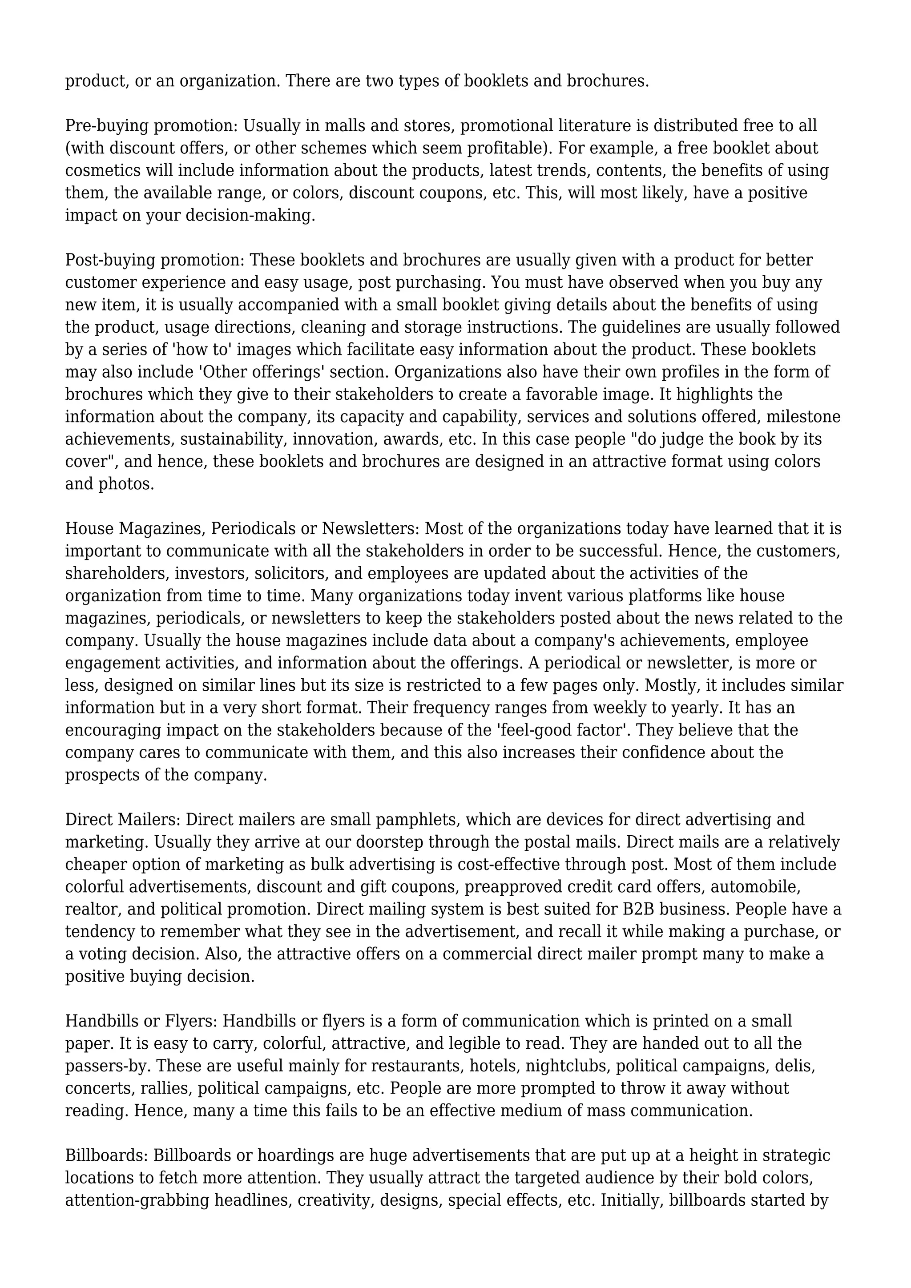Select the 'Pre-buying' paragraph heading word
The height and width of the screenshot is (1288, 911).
107,126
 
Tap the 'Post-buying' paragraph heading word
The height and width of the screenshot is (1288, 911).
110,260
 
